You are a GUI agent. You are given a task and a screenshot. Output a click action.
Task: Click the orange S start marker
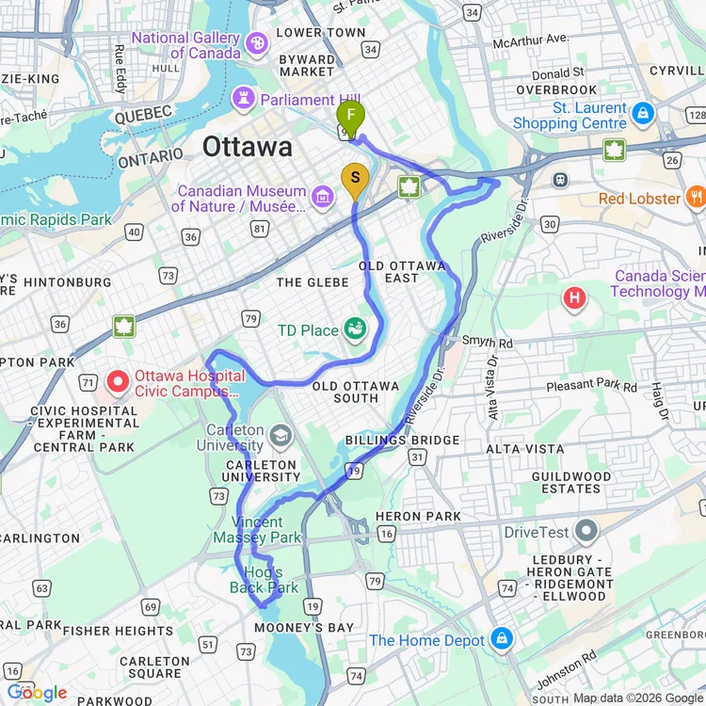coord(355,178)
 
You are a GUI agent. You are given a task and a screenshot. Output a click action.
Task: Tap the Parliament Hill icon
coord(244,99)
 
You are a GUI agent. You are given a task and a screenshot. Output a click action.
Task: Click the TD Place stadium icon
coord(356,329)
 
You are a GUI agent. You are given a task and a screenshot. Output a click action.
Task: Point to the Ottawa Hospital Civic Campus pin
coord(118,381)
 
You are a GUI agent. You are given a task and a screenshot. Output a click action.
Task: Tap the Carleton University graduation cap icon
coord(280,435)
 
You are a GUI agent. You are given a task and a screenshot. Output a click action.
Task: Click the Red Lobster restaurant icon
coord(696,198)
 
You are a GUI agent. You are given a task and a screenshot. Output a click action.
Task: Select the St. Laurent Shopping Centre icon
coord(643,114)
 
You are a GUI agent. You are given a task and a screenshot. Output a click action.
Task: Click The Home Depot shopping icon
coord(501,639)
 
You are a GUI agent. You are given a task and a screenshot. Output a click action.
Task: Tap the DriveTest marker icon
coord(586,532)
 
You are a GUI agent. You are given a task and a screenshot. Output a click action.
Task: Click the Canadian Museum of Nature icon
coord(323,197)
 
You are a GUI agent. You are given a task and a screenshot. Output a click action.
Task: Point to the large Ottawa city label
coord(248,147)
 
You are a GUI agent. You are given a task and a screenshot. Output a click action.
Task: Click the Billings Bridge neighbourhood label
coord(402,440)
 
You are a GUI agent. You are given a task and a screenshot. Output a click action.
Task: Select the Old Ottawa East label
coord(402,272)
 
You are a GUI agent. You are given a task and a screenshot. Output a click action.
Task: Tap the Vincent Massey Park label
coord(257,529)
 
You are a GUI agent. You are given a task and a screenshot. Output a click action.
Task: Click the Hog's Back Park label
coord(264,580)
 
